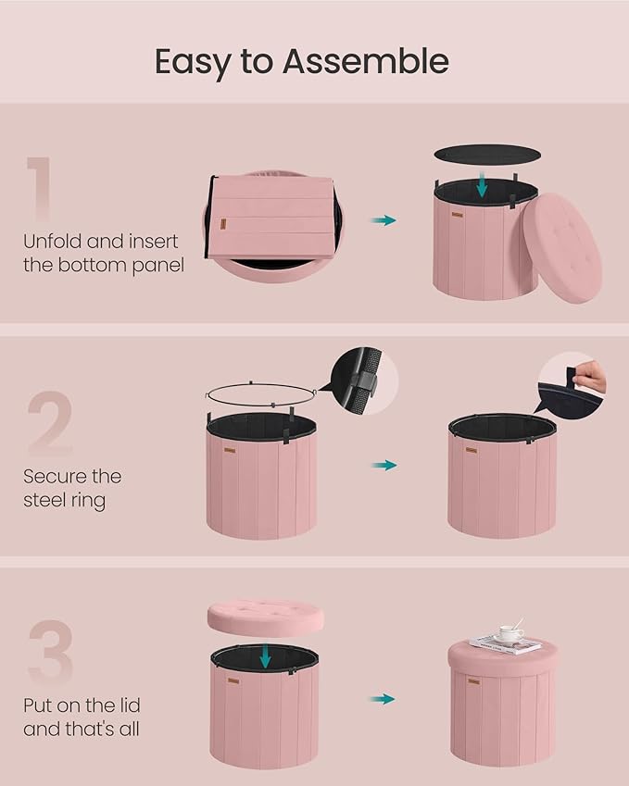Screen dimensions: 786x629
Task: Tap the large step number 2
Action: point(49,424)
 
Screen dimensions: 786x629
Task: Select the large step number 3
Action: point(49,653)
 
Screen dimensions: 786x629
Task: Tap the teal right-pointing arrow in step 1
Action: point(384,220)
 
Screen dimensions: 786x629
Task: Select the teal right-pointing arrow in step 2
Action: point(384,465)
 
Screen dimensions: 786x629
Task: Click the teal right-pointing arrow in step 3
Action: point(384,699)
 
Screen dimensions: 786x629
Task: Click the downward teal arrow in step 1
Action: point(481,185)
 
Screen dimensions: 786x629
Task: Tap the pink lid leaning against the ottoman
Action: point(562,247)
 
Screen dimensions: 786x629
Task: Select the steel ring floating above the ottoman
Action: point(261,393)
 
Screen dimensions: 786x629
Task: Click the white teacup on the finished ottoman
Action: point(510,634)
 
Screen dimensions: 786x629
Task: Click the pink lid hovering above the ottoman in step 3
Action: point(265,615)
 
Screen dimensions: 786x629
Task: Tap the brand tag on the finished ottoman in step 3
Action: point(473,681)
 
